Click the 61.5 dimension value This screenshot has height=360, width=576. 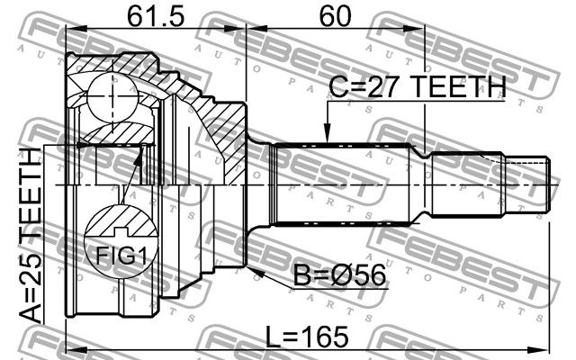155,16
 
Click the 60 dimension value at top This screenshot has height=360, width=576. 335,16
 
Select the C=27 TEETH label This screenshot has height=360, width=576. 418,87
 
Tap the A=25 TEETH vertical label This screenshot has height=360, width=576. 31,236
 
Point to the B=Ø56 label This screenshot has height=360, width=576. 340,275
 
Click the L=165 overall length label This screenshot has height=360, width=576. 307,337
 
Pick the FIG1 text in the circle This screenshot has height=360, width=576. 121,256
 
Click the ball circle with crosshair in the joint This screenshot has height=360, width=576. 112,96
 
